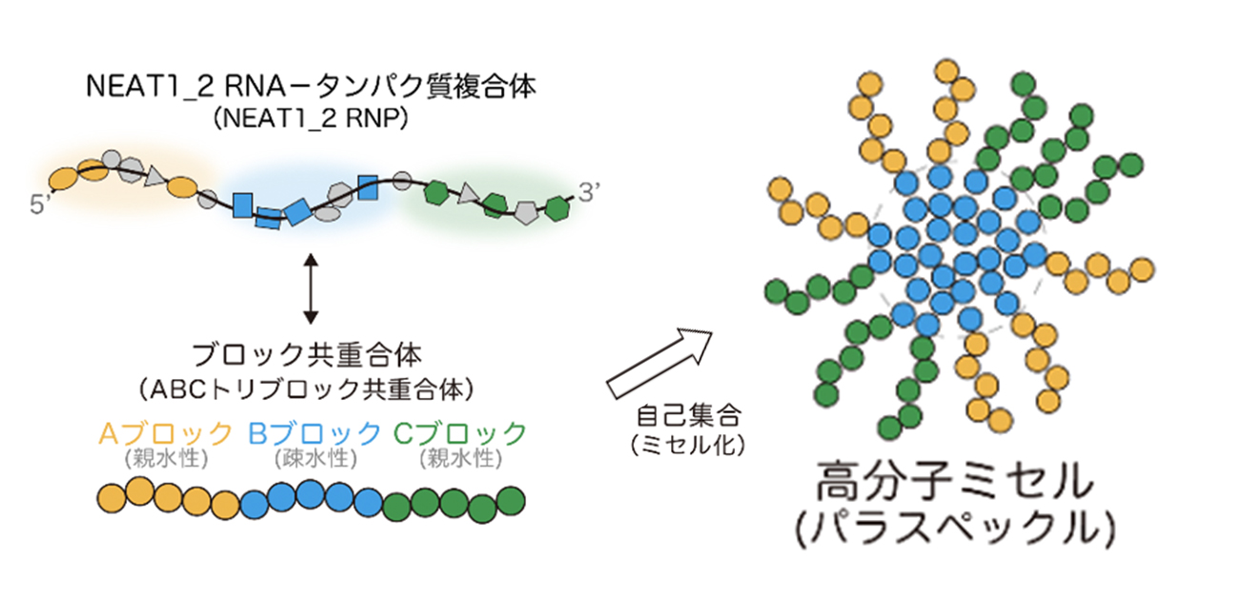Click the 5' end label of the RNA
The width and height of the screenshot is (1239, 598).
pyautogui.click(x=40, y=205)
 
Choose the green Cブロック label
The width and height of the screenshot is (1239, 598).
pyautogui.click(x=459, y=433)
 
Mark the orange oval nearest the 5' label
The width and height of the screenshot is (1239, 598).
pyautogui.click(x=63, y=177)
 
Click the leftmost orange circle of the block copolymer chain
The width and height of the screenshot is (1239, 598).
pyautogui.click(x=113, y=495)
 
